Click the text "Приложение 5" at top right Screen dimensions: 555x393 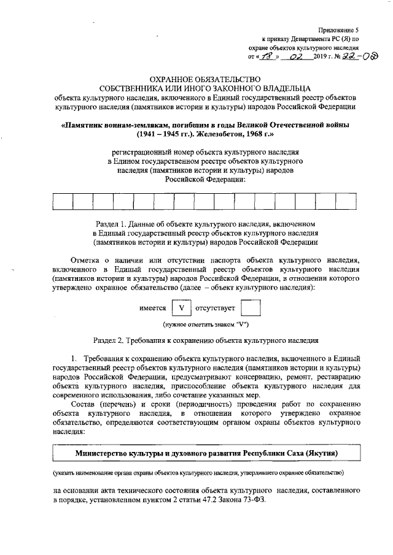pyautogui.click(x=338, y=30)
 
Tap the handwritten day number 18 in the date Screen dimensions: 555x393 pyautogui.click(x=265, y=57)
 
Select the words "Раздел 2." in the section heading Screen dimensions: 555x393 pyautogui.click(x=108, y=339)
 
